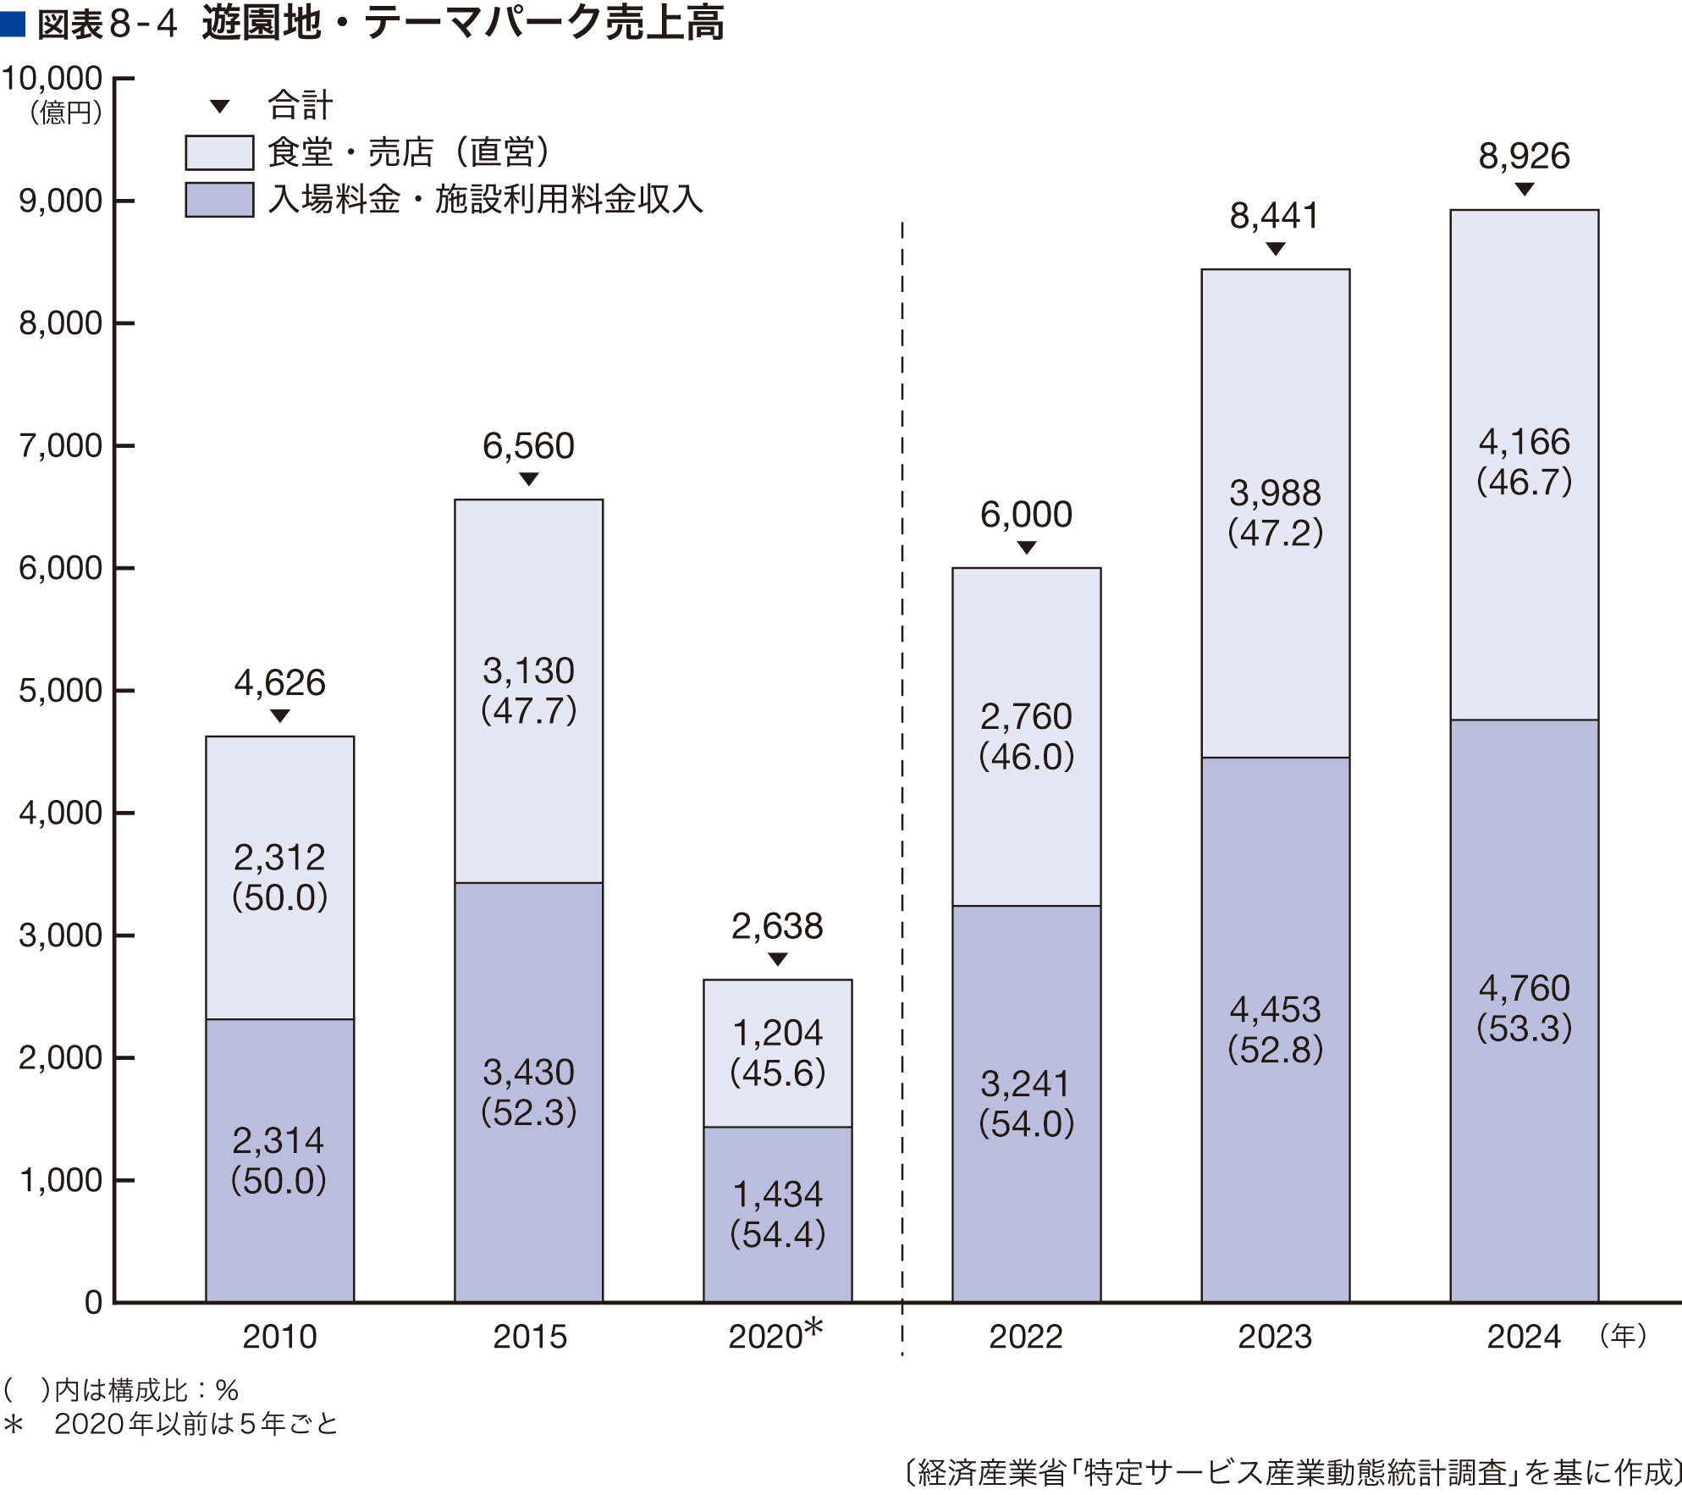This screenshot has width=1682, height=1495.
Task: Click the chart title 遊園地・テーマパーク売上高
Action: coord(462,23)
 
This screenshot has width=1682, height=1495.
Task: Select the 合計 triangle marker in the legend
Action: coord(220,107)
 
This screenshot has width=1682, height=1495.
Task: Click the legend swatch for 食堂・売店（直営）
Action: coord(219,152)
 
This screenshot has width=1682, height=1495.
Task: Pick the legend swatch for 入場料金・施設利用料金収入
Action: coord(219,200)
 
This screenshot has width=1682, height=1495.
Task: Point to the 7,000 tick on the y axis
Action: coord(124,445)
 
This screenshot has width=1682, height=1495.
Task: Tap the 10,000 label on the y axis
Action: coord(52,79)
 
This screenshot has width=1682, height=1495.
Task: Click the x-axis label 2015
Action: coord(530,1337)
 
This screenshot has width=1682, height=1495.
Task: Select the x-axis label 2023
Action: coord(1275,1337)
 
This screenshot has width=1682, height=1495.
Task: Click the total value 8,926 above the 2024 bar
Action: coord(1525,156)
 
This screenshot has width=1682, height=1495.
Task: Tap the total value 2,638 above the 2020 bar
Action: coord(777,926)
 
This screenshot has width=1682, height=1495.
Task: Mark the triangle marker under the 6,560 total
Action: coord(529,479)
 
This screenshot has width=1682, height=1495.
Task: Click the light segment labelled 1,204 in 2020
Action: coord(778,1053)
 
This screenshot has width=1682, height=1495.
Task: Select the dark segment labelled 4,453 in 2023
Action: coord(1276,1029)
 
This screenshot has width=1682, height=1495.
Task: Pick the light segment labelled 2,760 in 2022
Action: coord(1027,736)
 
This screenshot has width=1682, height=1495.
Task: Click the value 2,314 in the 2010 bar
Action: coord(278,1141)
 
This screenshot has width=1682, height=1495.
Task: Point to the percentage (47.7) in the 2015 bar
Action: coord(529,710)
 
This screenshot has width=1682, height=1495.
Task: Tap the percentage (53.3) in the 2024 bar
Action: coord(1525,1028)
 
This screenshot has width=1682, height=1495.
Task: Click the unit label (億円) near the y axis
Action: coord(66,113)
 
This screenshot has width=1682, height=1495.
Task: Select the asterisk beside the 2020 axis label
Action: coord(813,1327)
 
